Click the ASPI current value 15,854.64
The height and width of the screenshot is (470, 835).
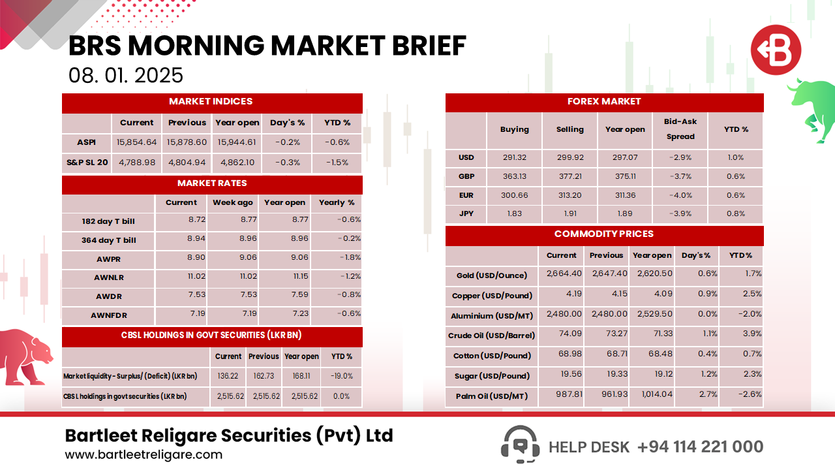point(137,142)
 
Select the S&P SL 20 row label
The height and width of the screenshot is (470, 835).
point(86,163)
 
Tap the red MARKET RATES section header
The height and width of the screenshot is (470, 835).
point(212,183)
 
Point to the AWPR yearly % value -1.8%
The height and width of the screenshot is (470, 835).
point(350,257)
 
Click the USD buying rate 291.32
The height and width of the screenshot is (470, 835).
point(514,157)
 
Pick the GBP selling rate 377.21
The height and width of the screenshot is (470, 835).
point(569,176)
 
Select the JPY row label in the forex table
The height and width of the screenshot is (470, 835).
point(466,214)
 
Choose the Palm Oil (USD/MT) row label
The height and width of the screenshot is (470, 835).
point(492,396)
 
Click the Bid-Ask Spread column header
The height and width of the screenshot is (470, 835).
point(680,129)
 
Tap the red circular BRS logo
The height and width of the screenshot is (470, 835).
point(775,50)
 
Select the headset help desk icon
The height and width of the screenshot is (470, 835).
point(520,445)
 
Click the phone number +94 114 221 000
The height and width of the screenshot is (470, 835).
point(700,446)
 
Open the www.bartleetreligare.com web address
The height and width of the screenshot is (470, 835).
point(144,455)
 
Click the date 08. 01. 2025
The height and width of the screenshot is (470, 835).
point(126,75)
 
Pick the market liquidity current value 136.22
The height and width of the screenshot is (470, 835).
point(228,377)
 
